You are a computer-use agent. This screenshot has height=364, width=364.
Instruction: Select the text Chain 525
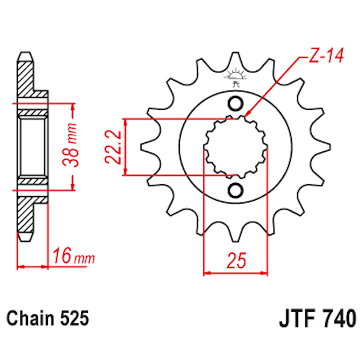tap(48, 318)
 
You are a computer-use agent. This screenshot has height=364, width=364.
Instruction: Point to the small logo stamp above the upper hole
tap(234, 77)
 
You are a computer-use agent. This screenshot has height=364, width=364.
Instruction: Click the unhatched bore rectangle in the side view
tap(32, 147)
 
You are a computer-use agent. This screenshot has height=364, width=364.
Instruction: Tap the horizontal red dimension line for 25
tap(235, 273)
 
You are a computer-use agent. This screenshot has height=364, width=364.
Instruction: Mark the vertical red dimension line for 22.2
tap(126, 147)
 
